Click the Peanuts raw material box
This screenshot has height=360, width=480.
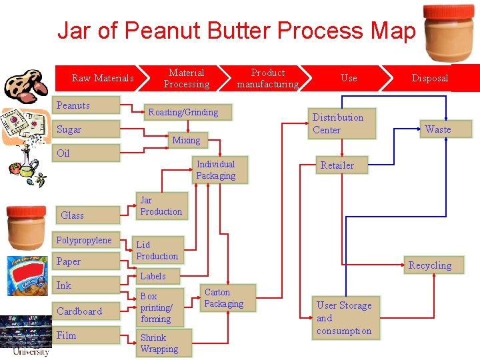(86, 105)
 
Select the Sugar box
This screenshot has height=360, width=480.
(86, 129)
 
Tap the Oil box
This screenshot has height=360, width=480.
(86, 153)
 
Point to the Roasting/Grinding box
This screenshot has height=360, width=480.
(183, 112)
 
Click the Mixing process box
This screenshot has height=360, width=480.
(186, 140)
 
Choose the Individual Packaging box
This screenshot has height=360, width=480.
(215, 170)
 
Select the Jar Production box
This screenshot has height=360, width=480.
(161, 205)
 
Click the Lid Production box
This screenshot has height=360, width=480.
(157, 250)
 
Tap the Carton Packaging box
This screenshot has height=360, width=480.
(228, 298)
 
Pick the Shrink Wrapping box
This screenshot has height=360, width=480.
(163, 343)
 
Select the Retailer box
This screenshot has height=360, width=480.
(342, 165)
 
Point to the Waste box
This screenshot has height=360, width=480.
(438, 129)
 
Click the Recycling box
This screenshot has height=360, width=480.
(430, 265)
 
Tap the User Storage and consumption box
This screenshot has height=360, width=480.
(347, 318)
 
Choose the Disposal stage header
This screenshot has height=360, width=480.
(430, 78)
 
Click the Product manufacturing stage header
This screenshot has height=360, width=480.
(268, 78)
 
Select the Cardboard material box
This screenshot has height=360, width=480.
(86, 311)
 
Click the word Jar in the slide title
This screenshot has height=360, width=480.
(73, 31)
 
